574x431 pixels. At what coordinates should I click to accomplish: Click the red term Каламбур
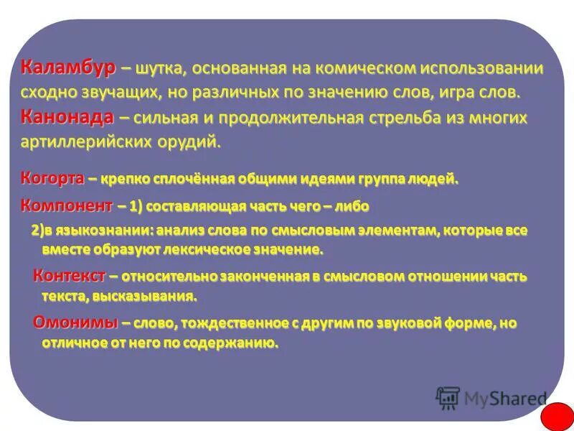tap(67, 68)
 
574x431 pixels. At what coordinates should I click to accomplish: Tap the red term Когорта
tap(52, 178)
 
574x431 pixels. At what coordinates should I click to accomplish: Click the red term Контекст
tap(70, 276)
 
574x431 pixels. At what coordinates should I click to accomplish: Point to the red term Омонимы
tap(75, 323)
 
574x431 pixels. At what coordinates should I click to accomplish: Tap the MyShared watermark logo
tap(491, 397)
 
